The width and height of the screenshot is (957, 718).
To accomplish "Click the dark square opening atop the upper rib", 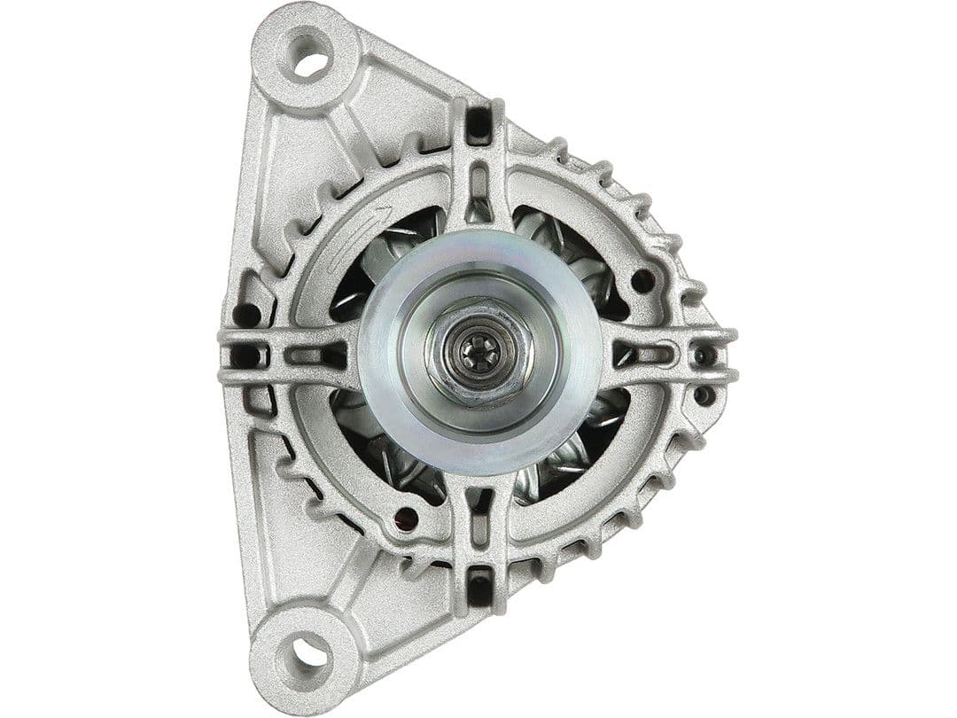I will (x=478, y=124).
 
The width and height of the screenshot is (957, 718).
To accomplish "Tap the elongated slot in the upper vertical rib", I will (x=478, y=185).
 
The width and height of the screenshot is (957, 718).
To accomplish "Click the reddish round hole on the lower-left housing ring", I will (x=408, y=518).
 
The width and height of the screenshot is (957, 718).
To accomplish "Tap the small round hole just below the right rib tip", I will (x=704, y=395).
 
